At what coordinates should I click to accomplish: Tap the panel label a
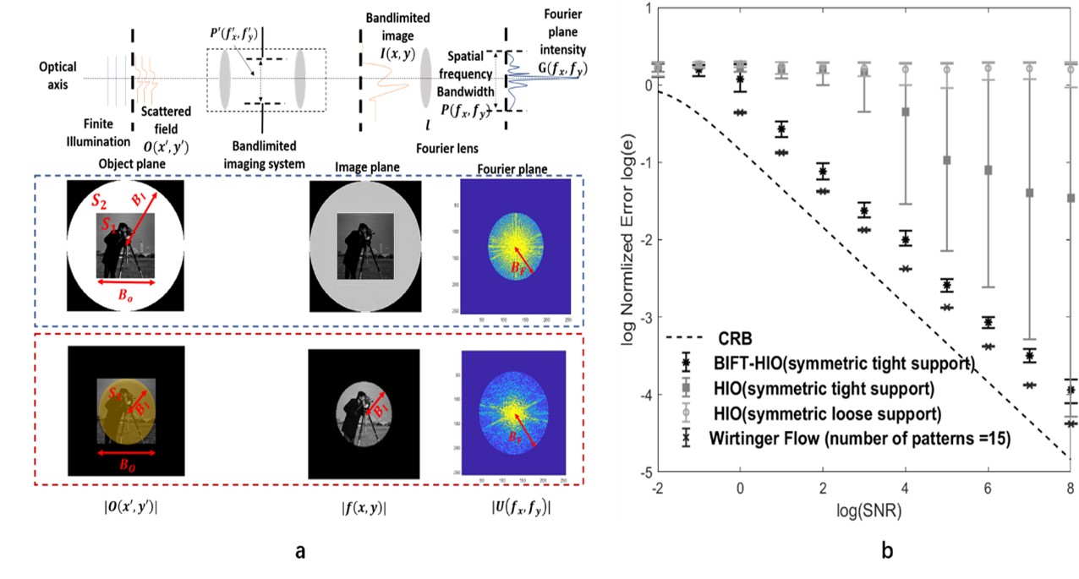[299, 550]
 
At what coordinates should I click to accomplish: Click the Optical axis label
[57, 74]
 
